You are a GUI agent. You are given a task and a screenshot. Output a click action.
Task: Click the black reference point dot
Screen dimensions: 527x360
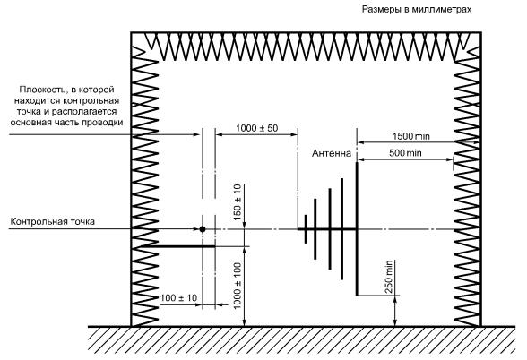tap(203, 229)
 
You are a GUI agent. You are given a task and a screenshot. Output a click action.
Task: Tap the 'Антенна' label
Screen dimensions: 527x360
tap(332, 153)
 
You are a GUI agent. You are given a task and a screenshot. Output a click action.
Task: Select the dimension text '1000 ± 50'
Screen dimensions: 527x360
tap(256, 128)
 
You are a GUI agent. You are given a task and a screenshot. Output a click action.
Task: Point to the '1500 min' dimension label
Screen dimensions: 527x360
tap(410, 136)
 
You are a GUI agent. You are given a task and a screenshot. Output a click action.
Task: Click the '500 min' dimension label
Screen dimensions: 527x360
tap(405, 153)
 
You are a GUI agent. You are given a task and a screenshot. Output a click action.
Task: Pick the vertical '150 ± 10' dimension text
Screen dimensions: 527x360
tap(238, 202)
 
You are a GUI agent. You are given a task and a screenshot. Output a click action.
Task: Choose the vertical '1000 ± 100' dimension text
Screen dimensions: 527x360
tap(238, 286)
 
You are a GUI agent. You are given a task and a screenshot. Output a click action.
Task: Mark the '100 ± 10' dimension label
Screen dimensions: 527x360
tap(178, 298)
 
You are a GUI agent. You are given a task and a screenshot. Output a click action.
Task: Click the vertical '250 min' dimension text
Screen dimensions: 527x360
tap(389, 277)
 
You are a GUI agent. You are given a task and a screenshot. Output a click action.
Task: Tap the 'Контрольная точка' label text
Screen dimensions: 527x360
tap(52, 222)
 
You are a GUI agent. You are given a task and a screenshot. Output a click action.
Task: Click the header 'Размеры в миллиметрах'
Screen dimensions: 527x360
tap(417, 9)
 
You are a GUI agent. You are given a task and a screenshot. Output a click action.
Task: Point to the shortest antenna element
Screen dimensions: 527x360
tap(306, 229)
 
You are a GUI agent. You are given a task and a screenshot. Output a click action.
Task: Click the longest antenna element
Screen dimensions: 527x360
tap(357, 228)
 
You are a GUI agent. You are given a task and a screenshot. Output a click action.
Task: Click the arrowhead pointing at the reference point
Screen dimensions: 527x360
tap(196, 229)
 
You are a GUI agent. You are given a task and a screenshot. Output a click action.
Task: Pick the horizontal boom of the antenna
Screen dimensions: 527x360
tap(327, 229)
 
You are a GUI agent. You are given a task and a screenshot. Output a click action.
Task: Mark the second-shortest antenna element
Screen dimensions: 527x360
tap(315, 229)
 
